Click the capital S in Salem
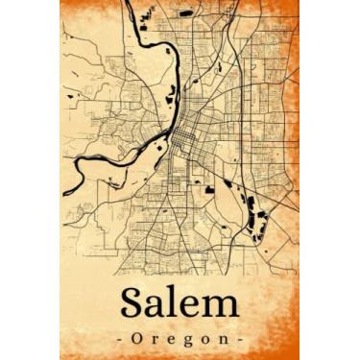click(134, 305)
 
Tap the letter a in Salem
click(159, 308)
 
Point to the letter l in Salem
click(178, 304)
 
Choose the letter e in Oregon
click(173, 341)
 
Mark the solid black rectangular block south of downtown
click(209, 191)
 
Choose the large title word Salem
click(180, 306)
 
